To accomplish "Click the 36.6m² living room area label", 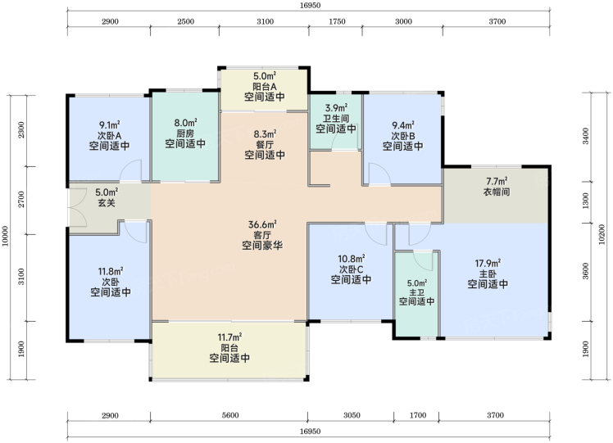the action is point(262,224).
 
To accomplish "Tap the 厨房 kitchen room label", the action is point(185,133).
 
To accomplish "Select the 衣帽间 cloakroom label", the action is point(497,192).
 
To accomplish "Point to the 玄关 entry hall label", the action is point(107,203).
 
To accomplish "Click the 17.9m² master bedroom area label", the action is point(488,264).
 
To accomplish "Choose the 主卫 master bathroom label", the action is point(417,292).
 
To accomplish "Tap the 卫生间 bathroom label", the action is point(336,119).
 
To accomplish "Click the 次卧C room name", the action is point(351,269).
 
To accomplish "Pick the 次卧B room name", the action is point(402,136).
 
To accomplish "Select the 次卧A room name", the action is point(109,136).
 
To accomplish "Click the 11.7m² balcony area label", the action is point(229,337).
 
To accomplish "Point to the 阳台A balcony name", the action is point(265,86).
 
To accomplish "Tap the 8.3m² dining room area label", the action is point(265,134).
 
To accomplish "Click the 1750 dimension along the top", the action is point(337,21).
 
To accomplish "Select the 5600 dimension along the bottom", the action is point(229,415).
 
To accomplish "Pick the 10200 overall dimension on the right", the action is point(602,234).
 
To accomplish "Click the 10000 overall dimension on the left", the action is point(5,237).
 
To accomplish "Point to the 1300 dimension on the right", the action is point(585,201).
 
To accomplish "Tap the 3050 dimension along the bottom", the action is point(352,415).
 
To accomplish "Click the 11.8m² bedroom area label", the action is point(111,271).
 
